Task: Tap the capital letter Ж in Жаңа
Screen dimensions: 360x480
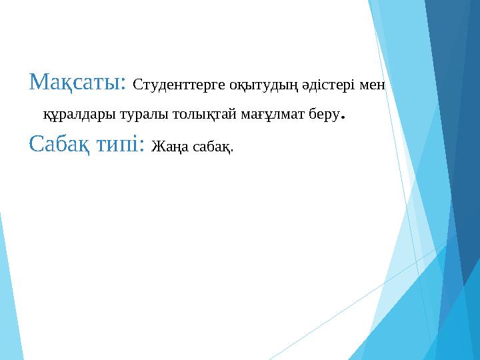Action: point(157,145)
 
